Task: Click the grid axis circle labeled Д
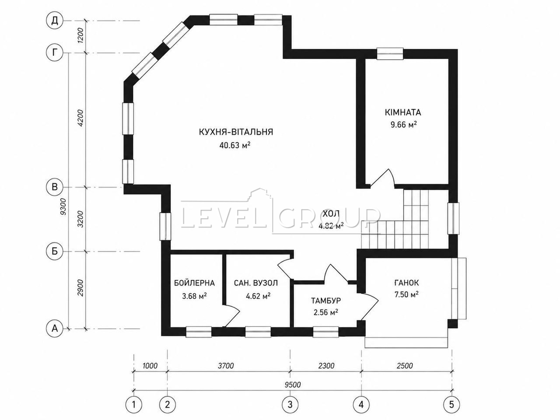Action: pos(55,21)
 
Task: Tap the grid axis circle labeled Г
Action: pos(55,53)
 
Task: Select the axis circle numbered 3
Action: pos(290,405)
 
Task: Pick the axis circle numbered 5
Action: pos(451,405)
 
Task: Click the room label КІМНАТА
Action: pos(403,112)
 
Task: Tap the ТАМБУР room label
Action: pos(326,301)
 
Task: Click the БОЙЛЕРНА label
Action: pos(194,283)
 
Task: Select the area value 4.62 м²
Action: pos(258,296)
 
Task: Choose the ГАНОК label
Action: pos(407,283)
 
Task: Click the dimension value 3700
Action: pos(226,366)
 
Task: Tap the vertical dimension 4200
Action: pos(80,118)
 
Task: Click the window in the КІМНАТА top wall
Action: pos(390,54)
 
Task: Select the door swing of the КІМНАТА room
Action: pos(383,178)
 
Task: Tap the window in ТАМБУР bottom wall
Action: pos(326,332)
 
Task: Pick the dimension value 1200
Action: pos(80,36)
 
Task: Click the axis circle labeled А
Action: pos(55,329)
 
